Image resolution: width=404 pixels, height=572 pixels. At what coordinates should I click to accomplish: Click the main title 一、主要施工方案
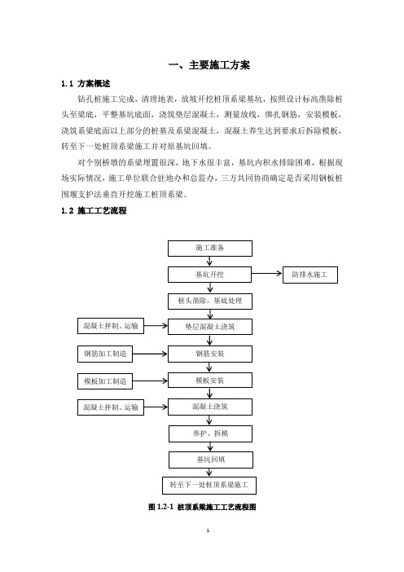click(x=209, y=65)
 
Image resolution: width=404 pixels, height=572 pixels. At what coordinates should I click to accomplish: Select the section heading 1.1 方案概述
click(x=86, y=84)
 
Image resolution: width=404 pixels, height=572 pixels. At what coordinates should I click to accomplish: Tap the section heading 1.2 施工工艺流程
click(x=94, y=210)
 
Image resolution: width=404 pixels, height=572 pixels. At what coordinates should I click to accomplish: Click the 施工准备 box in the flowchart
click(x=209, y=248)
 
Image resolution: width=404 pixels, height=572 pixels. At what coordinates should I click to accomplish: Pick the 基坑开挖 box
click(x=209, y=275)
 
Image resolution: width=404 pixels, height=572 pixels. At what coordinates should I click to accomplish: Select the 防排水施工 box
click(x=310, y=275)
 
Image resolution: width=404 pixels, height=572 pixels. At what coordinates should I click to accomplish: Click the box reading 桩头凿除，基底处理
click(x=210, y=301)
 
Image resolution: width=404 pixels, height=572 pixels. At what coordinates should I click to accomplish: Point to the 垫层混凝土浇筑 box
click(x=210, y=327)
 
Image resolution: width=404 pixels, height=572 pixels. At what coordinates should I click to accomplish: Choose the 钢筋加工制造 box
click(x=105, y=354)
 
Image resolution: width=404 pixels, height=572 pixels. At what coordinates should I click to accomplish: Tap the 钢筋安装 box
click(x=210, y=354)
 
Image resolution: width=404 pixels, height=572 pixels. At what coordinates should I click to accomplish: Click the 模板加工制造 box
click(x=105, y=381)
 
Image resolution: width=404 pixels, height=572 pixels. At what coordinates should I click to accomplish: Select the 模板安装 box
click(x=210, y=381)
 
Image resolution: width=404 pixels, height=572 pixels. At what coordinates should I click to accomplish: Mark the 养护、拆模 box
click(x=210, y=433)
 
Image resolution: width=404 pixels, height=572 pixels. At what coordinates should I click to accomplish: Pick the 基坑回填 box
click(x=211, y=460)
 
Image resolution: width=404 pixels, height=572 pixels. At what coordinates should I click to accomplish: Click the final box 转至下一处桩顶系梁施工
click(x=209, y=486)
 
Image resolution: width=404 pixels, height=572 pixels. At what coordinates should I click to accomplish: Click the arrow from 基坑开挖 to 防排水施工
click(x=267, y=273)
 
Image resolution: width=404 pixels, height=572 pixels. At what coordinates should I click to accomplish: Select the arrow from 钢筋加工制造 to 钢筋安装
click(x=150, y=354)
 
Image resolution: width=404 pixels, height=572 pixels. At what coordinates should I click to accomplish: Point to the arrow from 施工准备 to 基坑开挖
click(x=209, y=262)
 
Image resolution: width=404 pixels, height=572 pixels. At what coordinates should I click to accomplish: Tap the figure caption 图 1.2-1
click(x=160, y=507)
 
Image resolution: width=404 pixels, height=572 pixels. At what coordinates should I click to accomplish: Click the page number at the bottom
click(x=208, y=530)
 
